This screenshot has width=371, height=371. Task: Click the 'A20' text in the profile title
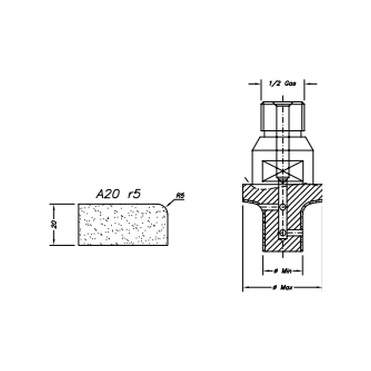[x=107, y=194]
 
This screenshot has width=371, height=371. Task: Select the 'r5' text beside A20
[x=134, y=194]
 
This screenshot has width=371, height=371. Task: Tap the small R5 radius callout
[x=180, y=196]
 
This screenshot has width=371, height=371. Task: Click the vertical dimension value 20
[x=54, y=224]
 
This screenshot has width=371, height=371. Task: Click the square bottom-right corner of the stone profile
[x=168, y=245]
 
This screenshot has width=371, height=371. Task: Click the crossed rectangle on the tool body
[x=282, y=171]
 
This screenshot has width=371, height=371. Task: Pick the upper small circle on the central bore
[x=283, y=207]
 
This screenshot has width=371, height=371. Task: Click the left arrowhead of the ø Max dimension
[x=245, y=288]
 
